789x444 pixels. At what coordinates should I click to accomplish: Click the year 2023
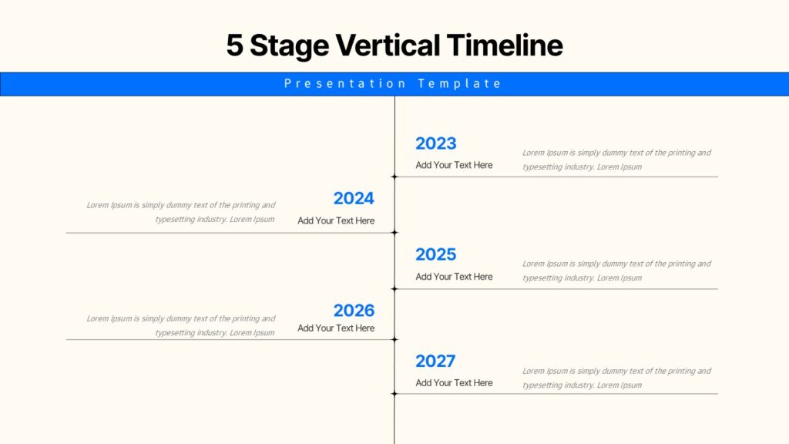click(x=436, y=143)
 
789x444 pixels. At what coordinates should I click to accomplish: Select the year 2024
click(x=354, y=198)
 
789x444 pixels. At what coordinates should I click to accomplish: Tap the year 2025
click(x=436, y=254)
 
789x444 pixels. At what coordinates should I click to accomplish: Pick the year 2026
click(x=354, y=311)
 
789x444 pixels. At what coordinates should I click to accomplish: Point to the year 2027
click(x=435, y=362)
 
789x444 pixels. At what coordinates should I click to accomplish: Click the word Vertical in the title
click(x=388, y=45)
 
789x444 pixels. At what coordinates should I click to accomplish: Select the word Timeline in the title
click(x=505, y=45)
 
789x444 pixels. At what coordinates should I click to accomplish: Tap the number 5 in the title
click(x=234, y=45)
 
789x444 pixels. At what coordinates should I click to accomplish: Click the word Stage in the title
click(x=290, y=46)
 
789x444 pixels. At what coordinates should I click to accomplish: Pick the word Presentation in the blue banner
click(x=345, y=83)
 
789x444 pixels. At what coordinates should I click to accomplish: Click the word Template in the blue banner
click(x=459, y=83)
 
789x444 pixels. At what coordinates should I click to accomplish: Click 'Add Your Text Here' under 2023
click(x=454, y=165)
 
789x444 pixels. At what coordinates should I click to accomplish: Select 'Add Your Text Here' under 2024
click(x=336, y=220)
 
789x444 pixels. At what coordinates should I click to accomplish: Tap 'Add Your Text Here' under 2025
click(x=454, y=277)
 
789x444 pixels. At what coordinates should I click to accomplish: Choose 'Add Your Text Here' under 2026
click(x=336, y=328)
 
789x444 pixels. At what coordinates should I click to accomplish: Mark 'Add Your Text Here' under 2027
click(x=454, y=383)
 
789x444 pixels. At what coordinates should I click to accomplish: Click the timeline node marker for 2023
click(x=394, y=177)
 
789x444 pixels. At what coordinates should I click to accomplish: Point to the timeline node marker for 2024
click(x=394, y=233)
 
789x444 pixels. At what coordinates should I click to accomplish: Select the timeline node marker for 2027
click(x=394, y=394)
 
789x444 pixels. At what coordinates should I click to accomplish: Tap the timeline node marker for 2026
click(x=394, y=339)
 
